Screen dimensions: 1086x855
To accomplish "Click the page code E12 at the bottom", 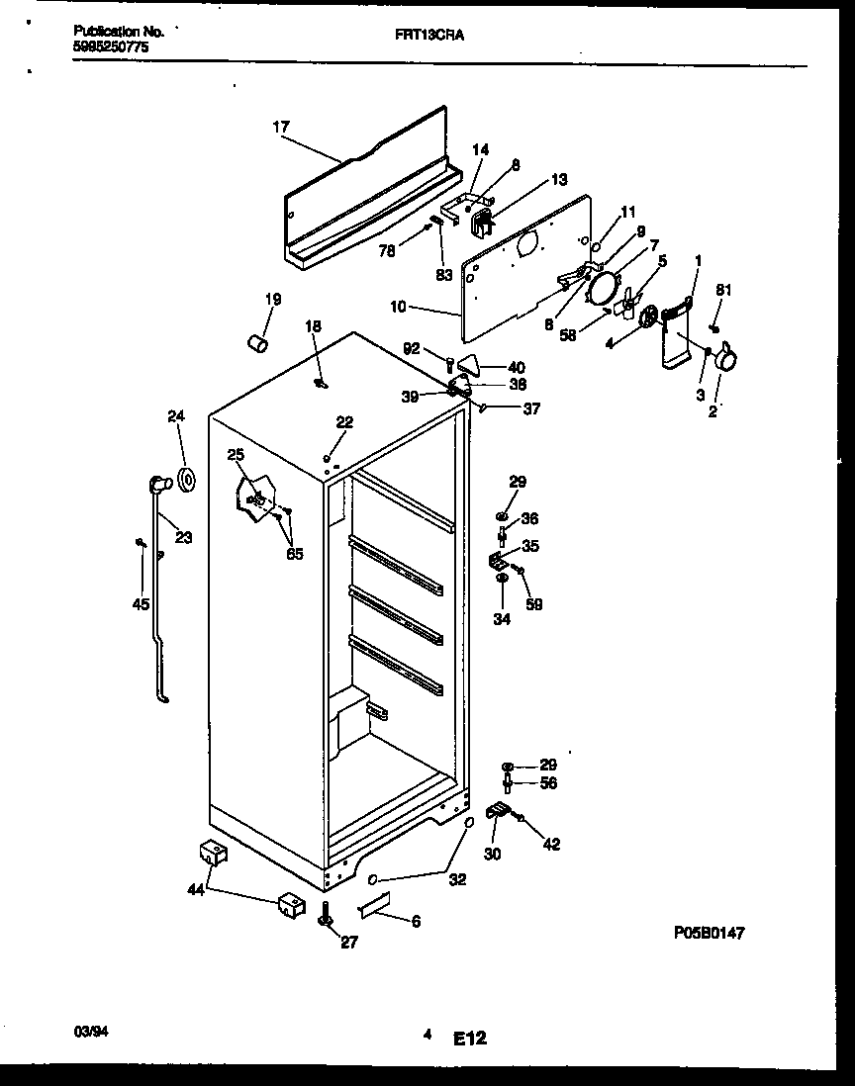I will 470,1039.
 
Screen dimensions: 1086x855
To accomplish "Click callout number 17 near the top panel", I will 280,126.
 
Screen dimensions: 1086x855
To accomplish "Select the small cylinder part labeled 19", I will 258,343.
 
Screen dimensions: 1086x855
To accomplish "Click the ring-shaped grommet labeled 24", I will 184,481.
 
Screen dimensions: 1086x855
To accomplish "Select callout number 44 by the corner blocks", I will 197,891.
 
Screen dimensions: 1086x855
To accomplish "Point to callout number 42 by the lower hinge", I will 551,844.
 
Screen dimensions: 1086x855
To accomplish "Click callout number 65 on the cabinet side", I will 294,554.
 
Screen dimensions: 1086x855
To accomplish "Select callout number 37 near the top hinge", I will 531,408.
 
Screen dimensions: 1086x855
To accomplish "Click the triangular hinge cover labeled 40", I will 469,369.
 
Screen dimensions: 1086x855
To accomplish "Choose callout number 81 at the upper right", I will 724,290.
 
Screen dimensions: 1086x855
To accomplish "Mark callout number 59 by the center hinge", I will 533,604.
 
